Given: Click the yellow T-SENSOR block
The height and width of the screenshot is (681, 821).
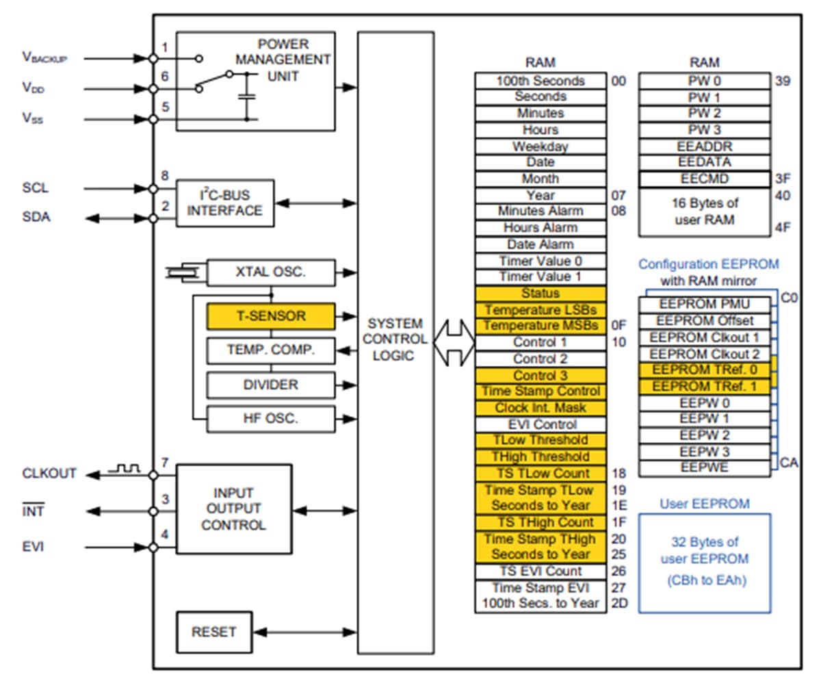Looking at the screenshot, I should click(x=271, y=316).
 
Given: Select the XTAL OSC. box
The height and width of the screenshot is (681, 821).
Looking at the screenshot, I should click(x=271, y=272).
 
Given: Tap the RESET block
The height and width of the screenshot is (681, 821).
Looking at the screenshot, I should click(x=213, y=631).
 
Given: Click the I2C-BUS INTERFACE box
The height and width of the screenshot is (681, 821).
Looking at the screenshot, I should click(x=224, y=203).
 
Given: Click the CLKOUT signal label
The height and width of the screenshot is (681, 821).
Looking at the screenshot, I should click(x=49, y=474).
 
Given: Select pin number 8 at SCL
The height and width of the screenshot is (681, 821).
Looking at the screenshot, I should click(x=165, y=177).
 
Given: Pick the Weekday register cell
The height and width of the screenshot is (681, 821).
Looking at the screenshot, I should click(x=540, y=146).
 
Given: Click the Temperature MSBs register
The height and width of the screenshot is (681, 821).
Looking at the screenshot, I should click(x=540, y=326).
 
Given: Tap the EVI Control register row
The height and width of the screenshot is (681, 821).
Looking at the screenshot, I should click(x=540, y=424).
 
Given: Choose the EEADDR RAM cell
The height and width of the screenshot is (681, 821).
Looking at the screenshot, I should click(x=705, y=146).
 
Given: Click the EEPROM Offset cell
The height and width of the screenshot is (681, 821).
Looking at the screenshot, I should click(x=705, y=320).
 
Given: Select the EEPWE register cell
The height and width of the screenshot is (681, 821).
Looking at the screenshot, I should click(x=705, y=469).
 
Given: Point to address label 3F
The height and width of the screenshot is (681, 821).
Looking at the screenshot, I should click(x=783, y=179).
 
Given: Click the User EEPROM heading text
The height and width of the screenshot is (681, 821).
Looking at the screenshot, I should click(x=705, y=504).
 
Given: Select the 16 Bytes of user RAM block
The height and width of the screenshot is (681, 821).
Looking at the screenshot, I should click(x=705, y=211).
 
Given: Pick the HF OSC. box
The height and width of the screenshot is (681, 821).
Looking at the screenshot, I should click(x=271, y=419).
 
